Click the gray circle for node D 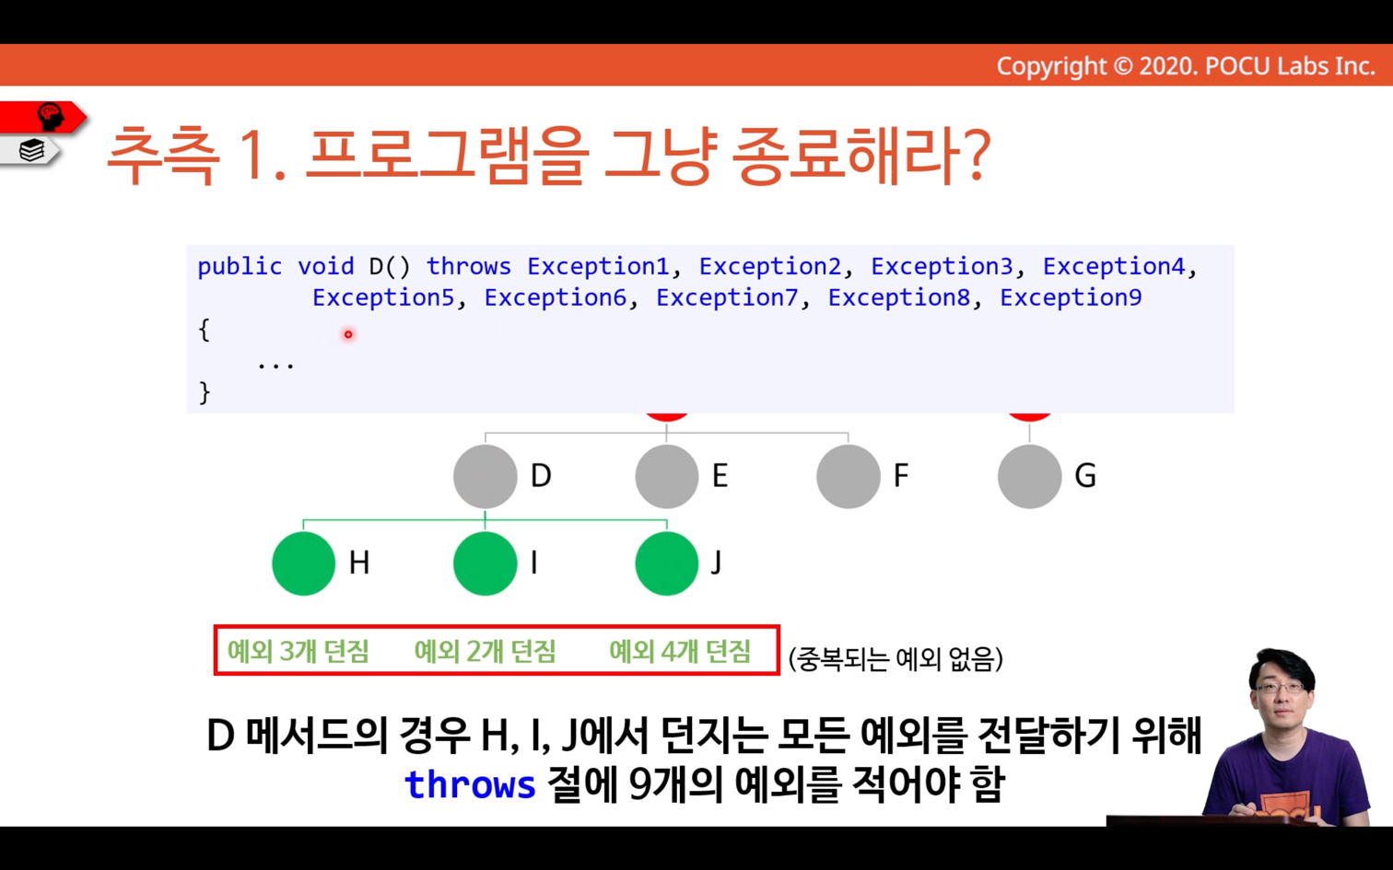click(x=485, y=477)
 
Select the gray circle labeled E click(x=667, y=477)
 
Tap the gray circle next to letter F click(x=849, y=477)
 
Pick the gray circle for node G click(x=1030, y=477)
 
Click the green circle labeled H click(x=303, y=563)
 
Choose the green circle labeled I click(x=485, y=563)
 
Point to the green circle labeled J click(x=667, y=563)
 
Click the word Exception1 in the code click(x=598, y=267)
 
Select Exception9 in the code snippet click(x=1071, y=297)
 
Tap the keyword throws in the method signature click(x=468, y=267)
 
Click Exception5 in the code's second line click(x=383, y=297)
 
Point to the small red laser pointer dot click(x=348, y=334)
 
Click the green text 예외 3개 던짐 click(x=298, y=651)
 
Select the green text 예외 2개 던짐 click(x=485, y=651)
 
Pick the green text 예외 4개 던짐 click(x=680, y=651)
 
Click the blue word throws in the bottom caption click(x=470, y=784)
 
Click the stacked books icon click(x=31, y=150)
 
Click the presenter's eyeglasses click(x=1280, y=688)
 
